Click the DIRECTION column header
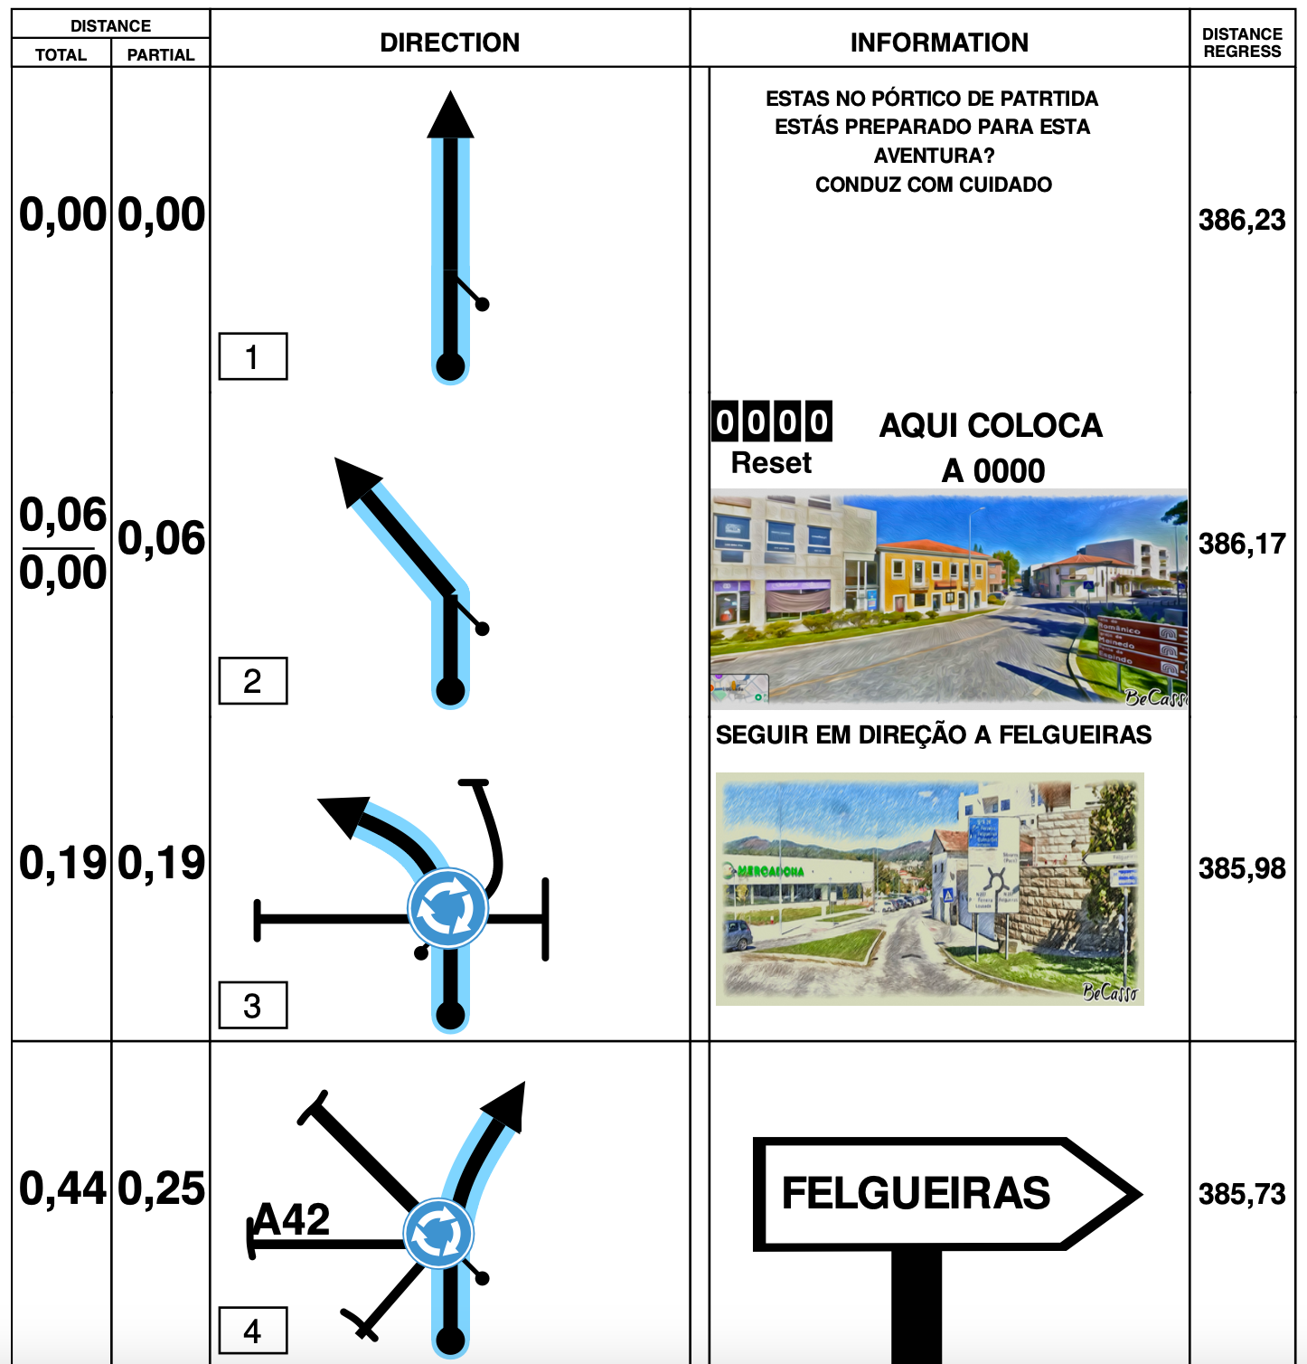pos(449,43)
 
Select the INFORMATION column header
pos(939,43)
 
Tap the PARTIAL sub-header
pos(161,55)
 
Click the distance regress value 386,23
pos(1242,220)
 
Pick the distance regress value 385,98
pos(1242,868)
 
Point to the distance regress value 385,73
pos(1242,1194)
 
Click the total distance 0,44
pos(62,1189)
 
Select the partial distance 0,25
pos(162,1189)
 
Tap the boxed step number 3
pos(253,1006)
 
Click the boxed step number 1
pos(253,357)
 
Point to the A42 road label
pos(292,1220)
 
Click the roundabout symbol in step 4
pos(438,1234)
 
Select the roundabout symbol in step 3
pos(447,908)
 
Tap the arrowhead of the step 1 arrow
pos(450,116)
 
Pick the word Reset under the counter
pos(771,463)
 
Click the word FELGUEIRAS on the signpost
pos(916,1193)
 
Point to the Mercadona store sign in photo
pos(770,871)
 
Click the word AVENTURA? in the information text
pos(934,156)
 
